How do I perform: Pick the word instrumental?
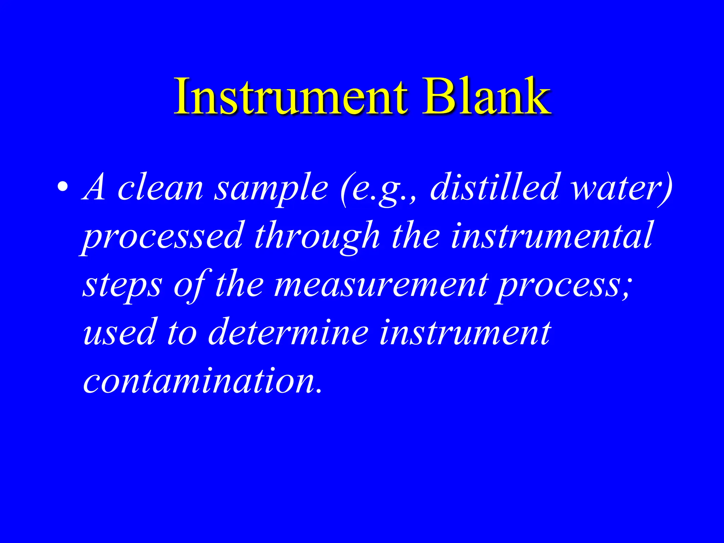click(551, 235)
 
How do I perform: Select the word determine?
click(288, 332)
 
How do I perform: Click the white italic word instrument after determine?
click(465, 332)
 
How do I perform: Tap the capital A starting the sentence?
click(94, 187)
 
